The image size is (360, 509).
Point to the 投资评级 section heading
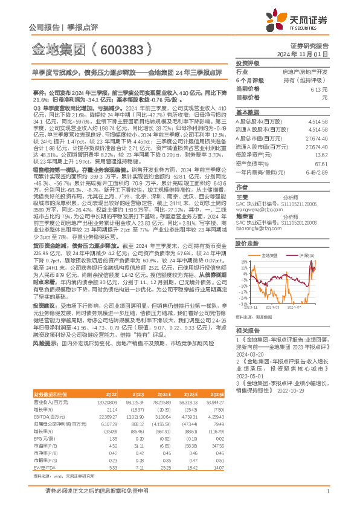pyautogui.click(x=247, y=63)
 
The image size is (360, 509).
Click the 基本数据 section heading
pyautogui.click(x=247, y=112)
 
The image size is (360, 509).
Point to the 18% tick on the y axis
pyautogui.click(x=243, y=261)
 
